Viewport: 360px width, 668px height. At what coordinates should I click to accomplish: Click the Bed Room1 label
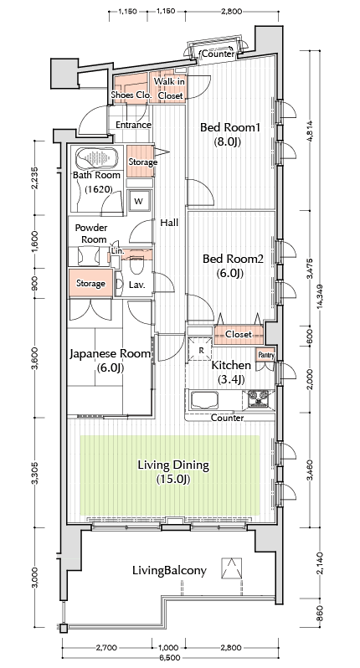pos(229,134)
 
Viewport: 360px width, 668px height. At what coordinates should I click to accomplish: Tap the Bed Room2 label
pos(233,265)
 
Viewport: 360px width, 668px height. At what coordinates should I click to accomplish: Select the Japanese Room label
pos(110,361)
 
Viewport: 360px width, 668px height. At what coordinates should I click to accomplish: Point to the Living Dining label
pos(173,471)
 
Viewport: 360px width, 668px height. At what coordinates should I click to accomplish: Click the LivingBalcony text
pos(169,570)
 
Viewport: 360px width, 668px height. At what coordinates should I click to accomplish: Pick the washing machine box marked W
pos(139,201)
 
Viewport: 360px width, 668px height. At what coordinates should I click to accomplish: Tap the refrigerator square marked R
pos(200,349)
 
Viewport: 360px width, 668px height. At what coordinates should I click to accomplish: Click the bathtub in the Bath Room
pos(97,158)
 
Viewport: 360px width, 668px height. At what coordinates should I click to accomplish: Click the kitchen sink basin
pos(205,400)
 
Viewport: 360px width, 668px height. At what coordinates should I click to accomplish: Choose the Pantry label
pos(266,355)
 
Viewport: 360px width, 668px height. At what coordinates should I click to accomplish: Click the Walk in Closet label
pos(170,89)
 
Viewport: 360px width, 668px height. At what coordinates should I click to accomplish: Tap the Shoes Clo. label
pos(131,95)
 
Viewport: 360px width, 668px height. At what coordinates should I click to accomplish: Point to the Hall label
pos(169,223)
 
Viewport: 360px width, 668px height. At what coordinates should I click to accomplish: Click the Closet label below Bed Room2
pos(238,335)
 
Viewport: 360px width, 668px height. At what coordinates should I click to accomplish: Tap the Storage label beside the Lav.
pos(90,283)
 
